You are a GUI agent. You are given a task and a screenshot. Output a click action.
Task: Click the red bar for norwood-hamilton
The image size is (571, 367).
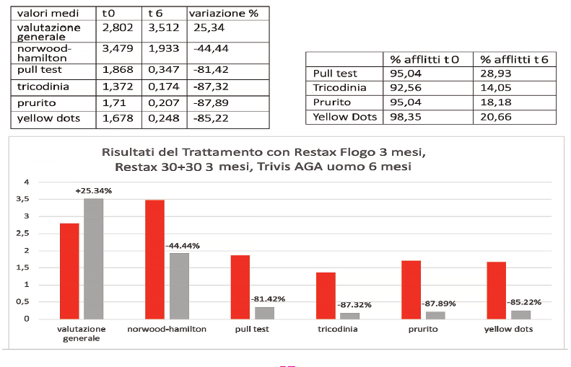click(154, 259)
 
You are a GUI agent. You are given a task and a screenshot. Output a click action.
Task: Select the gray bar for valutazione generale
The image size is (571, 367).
click(94, 258)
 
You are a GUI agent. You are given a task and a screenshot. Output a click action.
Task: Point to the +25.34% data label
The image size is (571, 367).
click(93, 191)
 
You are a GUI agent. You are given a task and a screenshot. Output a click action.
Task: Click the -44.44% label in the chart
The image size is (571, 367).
click(183, 246)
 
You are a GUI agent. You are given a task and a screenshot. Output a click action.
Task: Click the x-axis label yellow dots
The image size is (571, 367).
click(509, 330)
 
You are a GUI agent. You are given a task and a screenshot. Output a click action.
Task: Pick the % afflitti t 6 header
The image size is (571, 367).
click(515, 59)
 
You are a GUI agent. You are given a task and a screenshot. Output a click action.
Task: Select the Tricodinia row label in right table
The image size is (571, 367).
click(340, 87)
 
